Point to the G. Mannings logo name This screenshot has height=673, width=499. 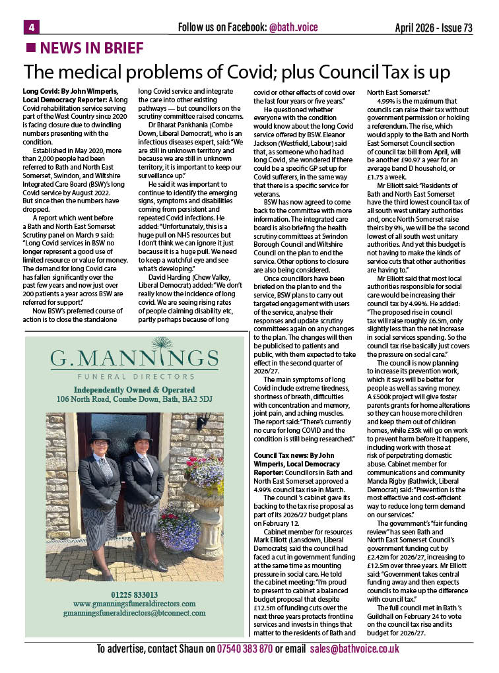tap(135, 359)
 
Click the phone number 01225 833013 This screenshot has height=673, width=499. tap(134, 594)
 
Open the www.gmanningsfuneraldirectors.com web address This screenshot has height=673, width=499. tap(134, 604)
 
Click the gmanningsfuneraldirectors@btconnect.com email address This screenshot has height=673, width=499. tap(134, 613)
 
